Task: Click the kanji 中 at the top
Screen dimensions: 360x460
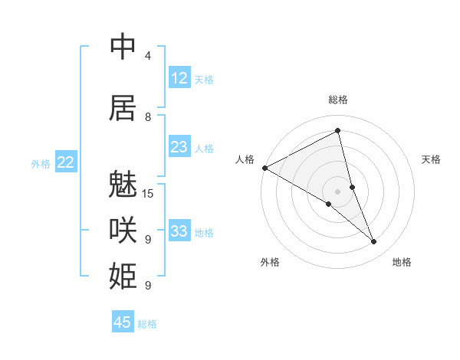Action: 123,47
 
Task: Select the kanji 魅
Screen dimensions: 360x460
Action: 123,186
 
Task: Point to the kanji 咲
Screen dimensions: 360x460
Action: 123,230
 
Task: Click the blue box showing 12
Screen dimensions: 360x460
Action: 179,78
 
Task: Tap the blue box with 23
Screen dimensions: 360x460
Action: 179,147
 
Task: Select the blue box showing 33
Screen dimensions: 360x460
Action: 179,231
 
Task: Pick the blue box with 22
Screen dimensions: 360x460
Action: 66,162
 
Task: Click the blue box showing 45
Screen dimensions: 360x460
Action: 123,322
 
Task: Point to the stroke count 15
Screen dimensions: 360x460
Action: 149,193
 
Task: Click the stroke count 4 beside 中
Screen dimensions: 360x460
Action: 147,56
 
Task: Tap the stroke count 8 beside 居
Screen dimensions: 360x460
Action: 147,116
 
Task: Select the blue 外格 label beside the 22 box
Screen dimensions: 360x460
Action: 41,163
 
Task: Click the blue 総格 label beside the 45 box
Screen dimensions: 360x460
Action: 147,324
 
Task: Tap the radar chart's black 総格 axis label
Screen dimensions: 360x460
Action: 337,100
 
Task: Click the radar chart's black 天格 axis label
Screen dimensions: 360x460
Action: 431,159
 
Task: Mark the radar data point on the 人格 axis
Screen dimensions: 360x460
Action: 264,167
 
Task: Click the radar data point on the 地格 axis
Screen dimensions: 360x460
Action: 374,241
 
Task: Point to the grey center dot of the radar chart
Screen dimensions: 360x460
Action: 337,191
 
